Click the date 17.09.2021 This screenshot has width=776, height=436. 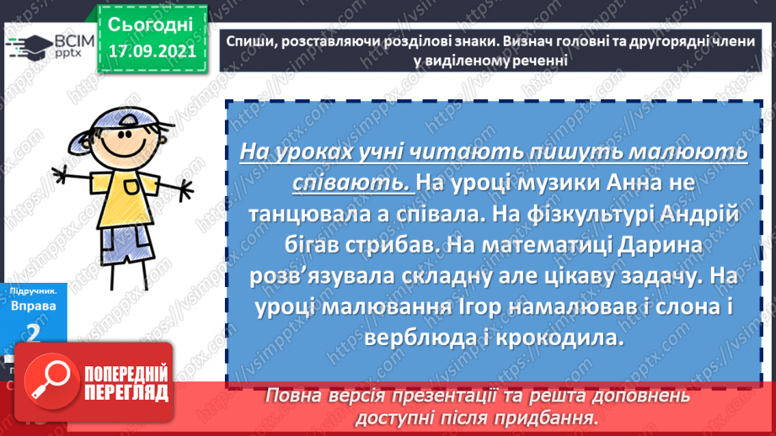click(150, 50)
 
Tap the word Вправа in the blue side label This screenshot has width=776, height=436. click(34, 306)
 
